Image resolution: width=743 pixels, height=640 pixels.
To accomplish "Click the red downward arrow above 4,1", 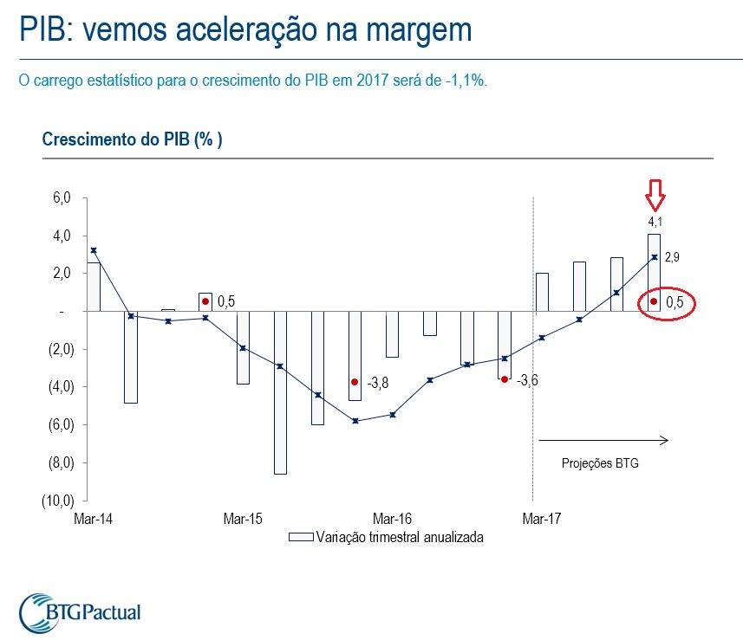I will click(x=655, y=195).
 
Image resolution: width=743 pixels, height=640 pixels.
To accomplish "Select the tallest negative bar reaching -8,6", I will click(x=280, y=392).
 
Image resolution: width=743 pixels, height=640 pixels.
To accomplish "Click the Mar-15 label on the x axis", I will click(x=242, y=519).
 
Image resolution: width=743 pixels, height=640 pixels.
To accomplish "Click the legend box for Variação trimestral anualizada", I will click(x=300, y=537).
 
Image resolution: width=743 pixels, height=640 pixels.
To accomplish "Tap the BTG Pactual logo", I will click(x=79, y=611).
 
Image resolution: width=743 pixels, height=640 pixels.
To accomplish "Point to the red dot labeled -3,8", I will click(x=354, y=382).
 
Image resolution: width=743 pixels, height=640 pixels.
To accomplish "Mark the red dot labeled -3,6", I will click(x=504, y=379).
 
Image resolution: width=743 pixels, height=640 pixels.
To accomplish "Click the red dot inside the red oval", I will click(x=654, y=302).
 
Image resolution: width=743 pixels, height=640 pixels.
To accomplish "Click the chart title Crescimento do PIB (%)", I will click(x=132, y=139).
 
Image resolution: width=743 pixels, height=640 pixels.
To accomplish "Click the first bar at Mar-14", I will click(x=94, y=287).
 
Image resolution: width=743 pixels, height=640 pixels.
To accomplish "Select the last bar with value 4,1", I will click(x=654, y=272).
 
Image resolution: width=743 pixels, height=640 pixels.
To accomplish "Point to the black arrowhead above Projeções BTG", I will click(x=664, y=441).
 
